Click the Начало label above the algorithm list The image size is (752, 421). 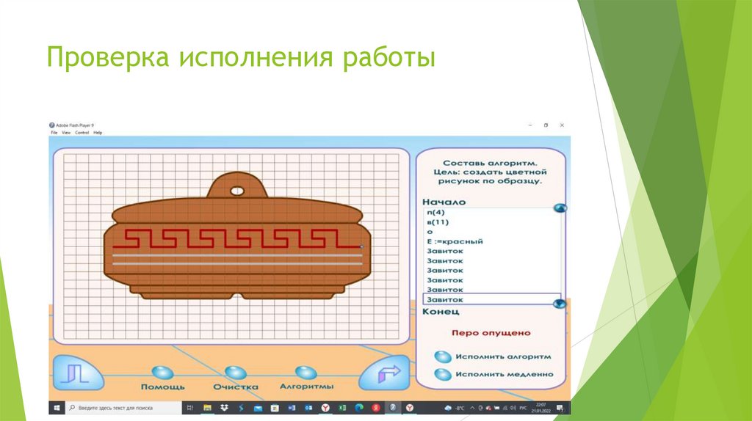pyautogui.click(x=444, y=202)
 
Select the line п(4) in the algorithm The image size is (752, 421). pyautogui.click(x=436, y=213)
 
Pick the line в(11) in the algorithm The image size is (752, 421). pyautogui.click(x=438, y=222)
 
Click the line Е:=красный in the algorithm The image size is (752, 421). pyautogui.click(x=455, y=241)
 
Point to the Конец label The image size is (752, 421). pyautogui.click(x=441, y=312)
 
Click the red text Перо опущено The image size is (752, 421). pyautogui.click(x=491, y=333)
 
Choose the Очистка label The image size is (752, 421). pyautogui.click(x=236, y=387)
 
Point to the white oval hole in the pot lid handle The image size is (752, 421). pyautogui.click(x=237, y=191)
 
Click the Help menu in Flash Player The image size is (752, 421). pyautogui.click(x=98, y=133)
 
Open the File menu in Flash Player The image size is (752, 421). pyautogui.click(x=54, y=133)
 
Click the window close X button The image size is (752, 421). pyautogui.click(x=562, y=125)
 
